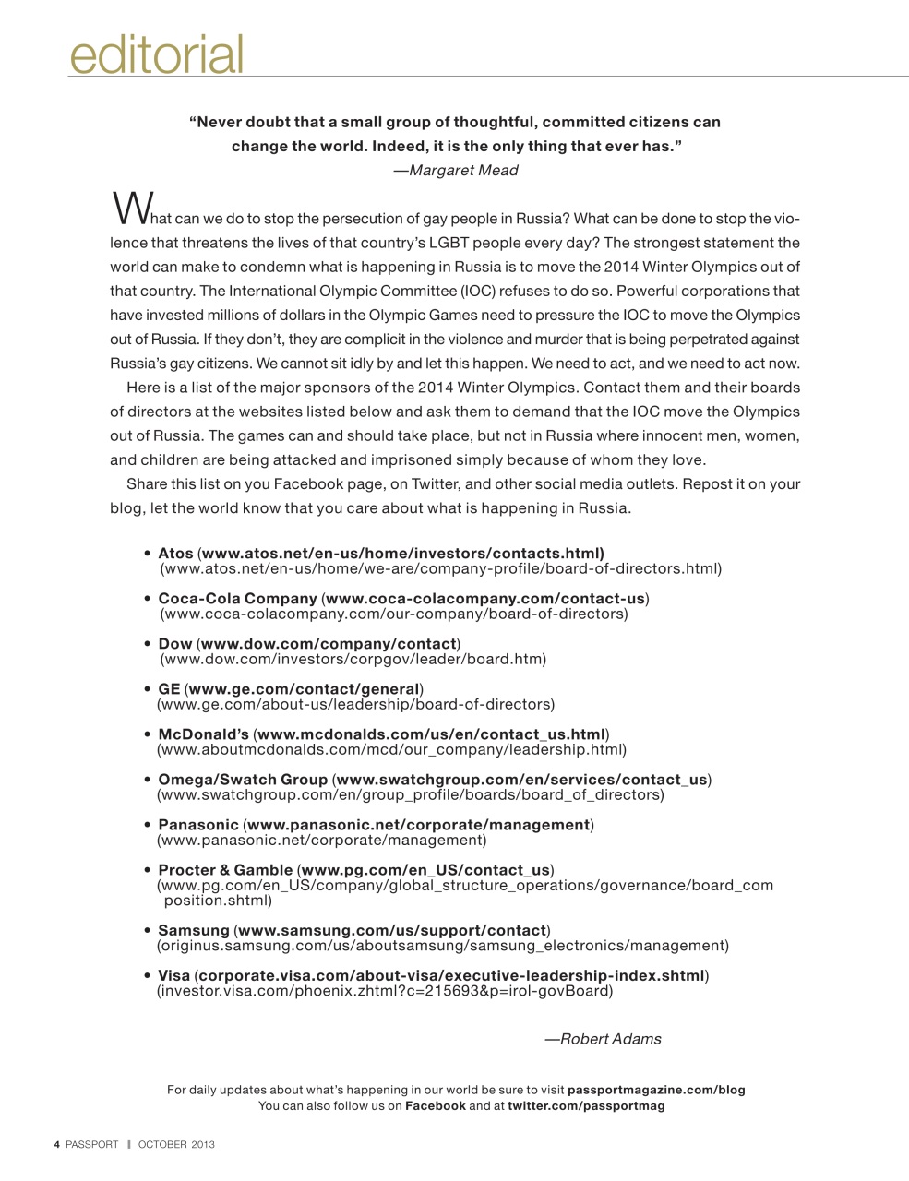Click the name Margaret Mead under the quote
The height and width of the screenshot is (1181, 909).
coord(463,170)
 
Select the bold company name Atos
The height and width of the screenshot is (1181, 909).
coord(175,553)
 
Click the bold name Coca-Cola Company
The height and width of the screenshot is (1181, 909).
coord(237,598)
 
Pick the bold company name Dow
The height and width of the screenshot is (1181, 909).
coord(175,643)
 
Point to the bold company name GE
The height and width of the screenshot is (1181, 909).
coord(169,688)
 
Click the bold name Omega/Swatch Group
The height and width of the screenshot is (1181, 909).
coord(243,779)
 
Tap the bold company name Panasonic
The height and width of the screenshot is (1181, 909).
coord(197,824)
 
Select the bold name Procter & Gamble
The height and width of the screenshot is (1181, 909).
coord(225,869)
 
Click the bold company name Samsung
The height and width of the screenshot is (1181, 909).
coord(193,929)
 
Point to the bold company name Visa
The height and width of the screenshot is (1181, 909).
coord(174,975)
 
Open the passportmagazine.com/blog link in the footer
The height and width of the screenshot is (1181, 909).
coord(656,1090)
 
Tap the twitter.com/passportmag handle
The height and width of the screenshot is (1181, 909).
coord(586,1105)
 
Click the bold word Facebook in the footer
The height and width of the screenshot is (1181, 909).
coord(436,1105)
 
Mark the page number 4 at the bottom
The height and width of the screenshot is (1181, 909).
coord(57,1144)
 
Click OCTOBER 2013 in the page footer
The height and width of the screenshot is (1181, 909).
coord(176,1144)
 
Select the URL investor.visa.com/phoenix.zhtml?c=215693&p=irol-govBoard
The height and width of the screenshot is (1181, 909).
coord(385,991)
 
